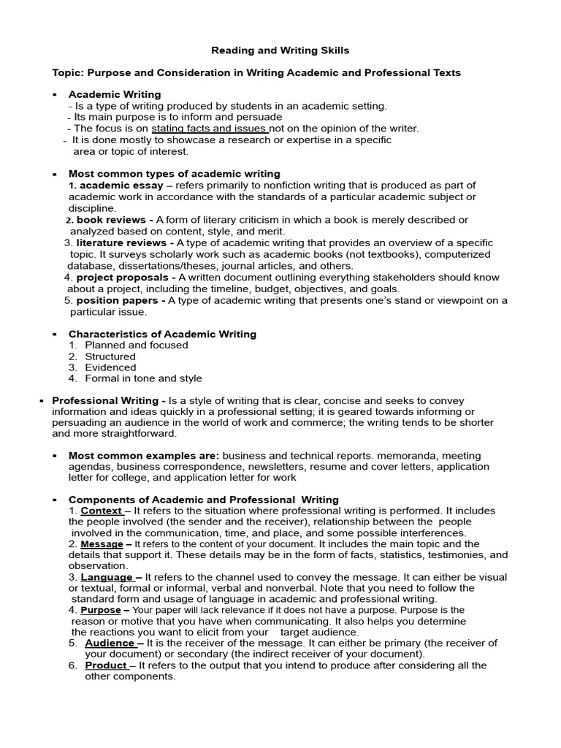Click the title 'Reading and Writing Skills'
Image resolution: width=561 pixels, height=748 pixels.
[280, 50]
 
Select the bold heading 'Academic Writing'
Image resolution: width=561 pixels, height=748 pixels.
[115, 94]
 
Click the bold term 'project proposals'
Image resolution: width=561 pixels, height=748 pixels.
[114, 278]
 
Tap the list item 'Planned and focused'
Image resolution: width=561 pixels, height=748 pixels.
[137, 346]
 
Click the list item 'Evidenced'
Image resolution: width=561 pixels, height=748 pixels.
[110, 368]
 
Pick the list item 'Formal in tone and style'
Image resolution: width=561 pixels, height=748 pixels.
[143, 379]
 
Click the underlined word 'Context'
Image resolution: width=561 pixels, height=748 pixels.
[101, 511]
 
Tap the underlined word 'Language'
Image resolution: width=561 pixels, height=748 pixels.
[107, 577]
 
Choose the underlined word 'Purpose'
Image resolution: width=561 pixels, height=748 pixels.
[100, 611]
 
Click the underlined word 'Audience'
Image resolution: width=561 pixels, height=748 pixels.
[110, 644]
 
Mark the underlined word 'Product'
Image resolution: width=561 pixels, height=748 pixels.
[106, 666]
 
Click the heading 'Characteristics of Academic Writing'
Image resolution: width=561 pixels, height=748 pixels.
[162, 335]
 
